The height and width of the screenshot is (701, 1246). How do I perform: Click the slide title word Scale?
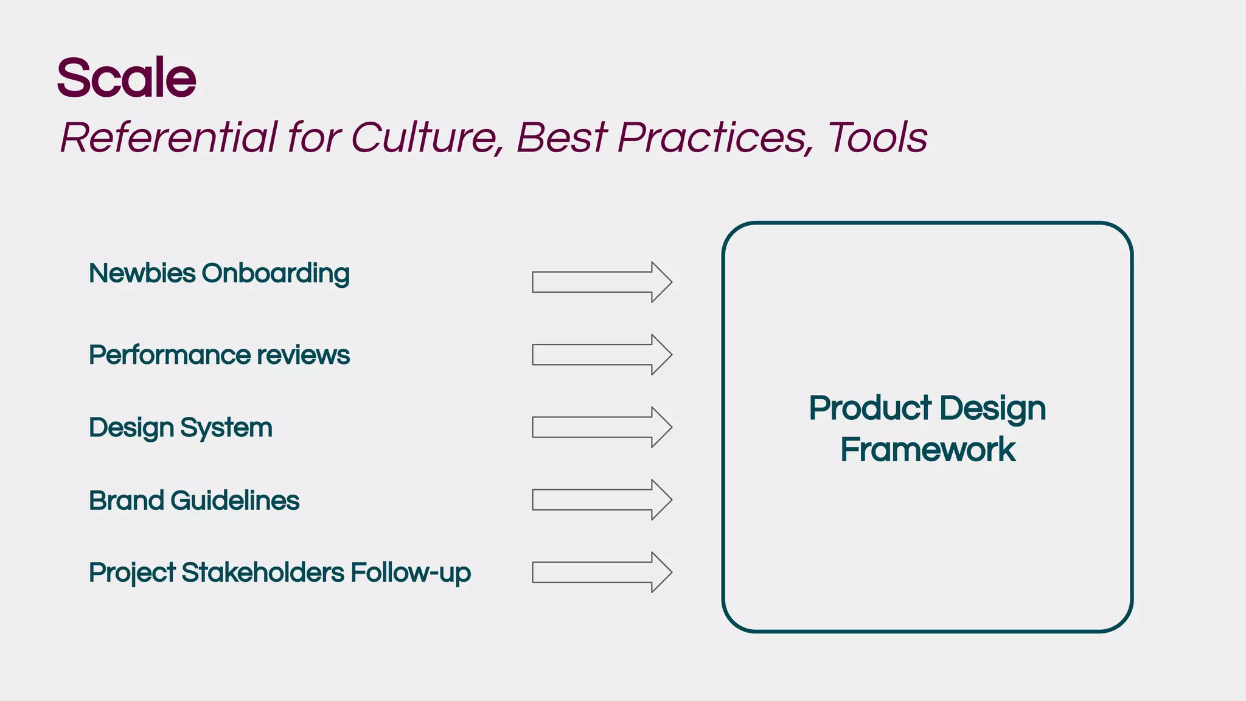click(x=127, y=78)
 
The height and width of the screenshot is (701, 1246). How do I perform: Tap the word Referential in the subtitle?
click(x=169, y=138)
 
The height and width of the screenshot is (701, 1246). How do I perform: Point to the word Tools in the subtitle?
click(x=877, y=138)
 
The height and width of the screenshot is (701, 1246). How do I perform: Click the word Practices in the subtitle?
click(x=715, y=138)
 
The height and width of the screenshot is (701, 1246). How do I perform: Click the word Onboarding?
click(x=276, y=274)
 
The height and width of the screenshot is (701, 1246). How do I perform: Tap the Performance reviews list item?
click(x=219, y=355)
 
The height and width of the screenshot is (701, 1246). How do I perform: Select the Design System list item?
click(x=181, y=428)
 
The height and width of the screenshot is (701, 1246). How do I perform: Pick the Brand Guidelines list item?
click(x=194, y=501)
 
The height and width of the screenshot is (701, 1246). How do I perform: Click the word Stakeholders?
click(x=263, y=573)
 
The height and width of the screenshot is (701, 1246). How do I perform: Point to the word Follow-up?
click(x=411, y=573)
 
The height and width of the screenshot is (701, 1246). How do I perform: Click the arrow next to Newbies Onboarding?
click(x=601, y=282)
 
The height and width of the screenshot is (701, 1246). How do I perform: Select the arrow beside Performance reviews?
click(x=601, y=355)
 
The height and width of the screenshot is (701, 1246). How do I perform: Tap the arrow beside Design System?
click(x=601, y=427)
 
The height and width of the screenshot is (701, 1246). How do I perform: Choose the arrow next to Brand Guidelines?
click(x=601, y=500)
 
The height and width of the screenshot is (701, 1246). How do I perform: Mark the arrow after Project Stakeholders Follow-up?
click(x=601, y=572)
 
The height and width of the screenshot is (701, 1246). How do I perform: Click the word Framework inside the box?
click(x=928, y=450)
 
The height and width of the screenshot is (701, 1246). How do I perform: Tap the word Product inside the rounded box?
click(x=870, y=408)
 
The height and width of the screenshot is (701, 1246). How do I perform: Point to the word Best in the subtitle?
click(x=562, y=138)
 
